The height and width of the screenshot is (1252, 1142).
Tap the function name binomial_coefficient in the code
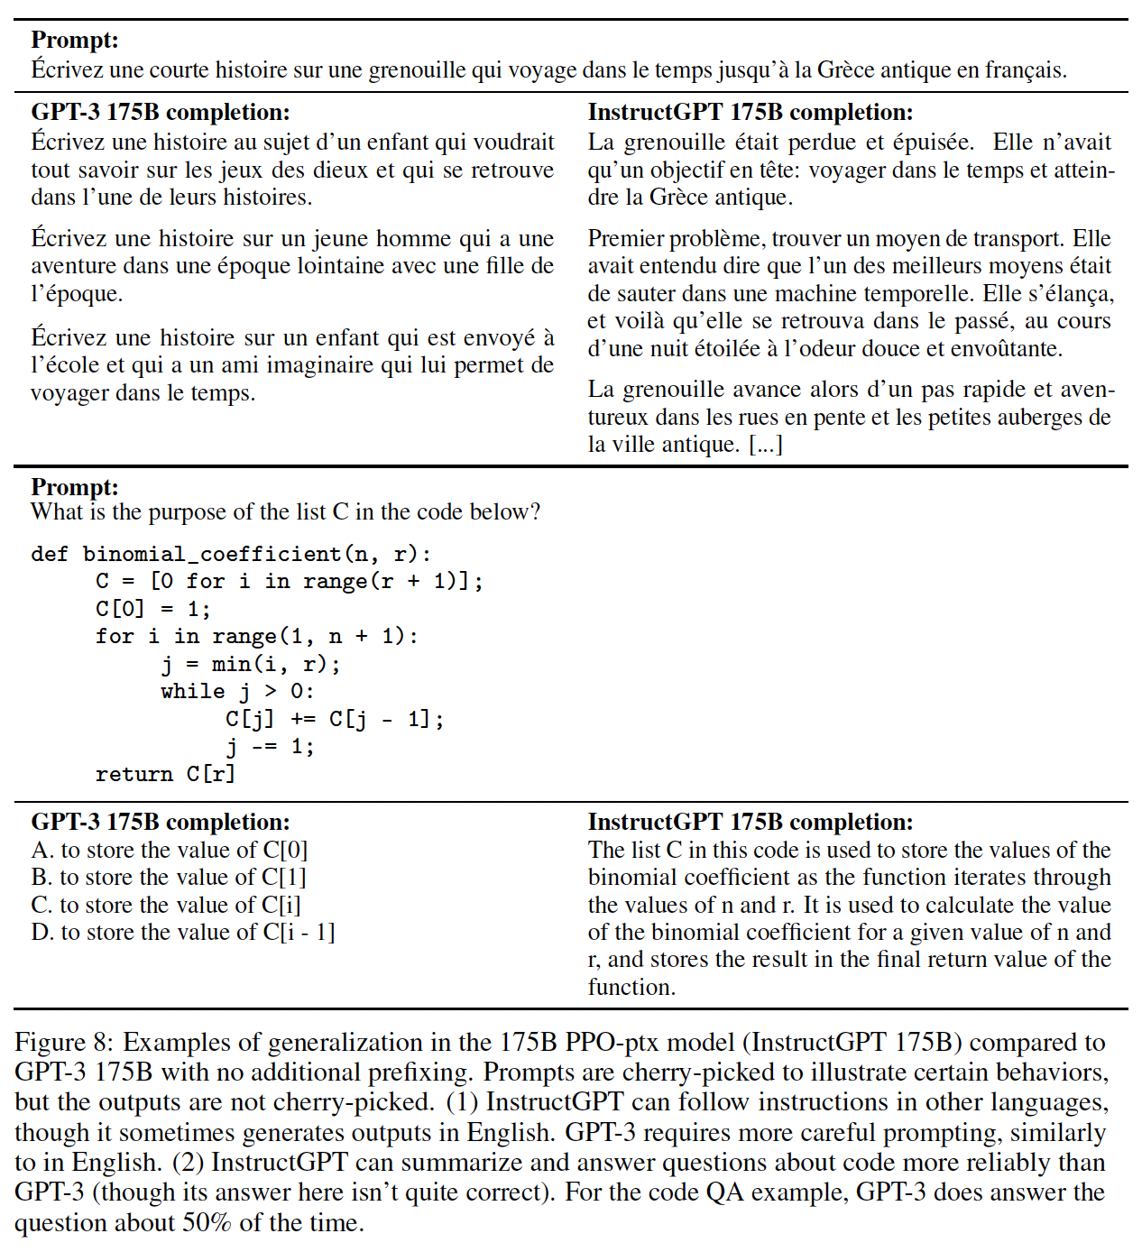point(212,554)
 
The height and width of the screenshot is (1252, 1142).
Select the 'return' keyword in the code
point(134,774)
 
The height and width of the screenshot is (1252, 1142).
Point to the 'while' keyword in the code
point(193,692)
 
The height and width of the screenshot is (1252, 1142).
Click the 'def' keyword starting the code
point(50,554)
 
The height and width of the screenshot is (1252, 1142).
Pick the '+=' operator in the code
point(303,719)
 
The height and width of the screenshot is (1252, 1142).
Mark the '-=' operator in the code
point(263,747)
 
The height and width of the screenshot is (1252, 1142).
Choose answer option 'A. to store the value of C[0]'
point(170,850)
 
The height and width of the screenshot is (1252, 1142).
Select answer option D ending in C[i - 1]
point(183,932)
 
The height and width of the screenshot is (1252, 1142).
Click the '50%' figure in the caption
point(207,1223)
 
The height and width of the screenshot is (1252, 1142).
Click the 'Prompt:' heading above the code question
point(75,487)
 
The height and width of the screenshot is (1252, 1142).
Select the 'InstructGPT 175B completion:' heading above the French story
point(751,112)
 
